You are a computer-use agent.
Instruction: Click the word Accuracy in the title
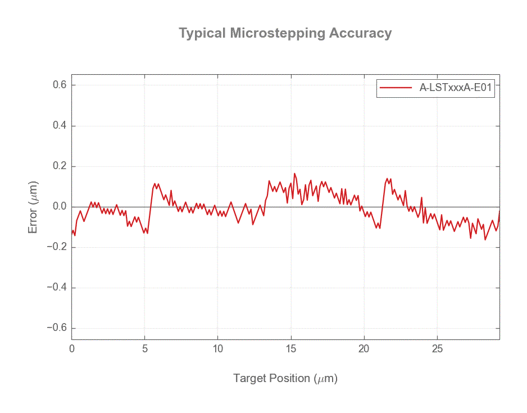360,33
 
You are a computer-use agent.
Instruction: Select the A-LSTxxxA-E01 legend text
456,88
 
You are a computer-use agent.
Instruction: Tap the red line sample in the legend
396,88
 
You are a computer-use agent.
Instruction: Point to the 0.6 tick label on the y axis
60,85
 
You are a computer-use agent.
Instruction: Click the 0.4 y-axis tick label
60,126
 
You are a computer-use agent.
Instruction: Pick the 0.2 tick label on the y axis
60,166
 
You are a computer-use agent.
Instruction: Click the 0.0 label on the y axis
60,207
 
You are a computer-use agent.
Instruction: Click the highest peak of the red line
294,174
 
